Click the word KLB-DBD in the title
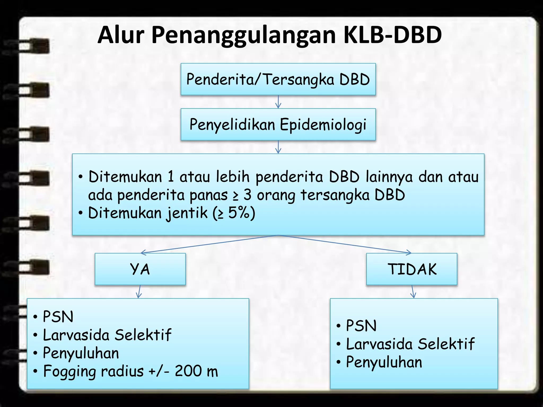(392, 35)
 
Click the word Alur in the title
(121, 35)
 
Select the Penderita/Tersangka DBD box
(278, 79)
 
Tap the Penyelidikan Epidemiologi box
(278, 124)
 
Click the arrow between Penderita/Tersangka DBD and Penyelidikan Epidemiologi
(278, 102)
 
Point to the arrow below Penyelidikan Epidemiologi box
(278, 147)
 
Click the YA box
(140, 269)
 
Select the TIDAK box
(412, 269)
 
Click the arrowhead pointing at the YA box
(143, 253)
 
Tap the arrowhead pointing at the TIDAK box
(409, 253)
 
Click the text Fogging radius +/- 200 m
(130, 371)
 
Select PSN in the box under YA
(58, 317)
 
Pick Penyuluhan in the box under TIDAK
(384, 362)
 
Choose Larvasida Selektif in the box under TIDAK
(410, 344)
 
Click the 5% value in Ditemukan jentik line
(239, 213)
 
